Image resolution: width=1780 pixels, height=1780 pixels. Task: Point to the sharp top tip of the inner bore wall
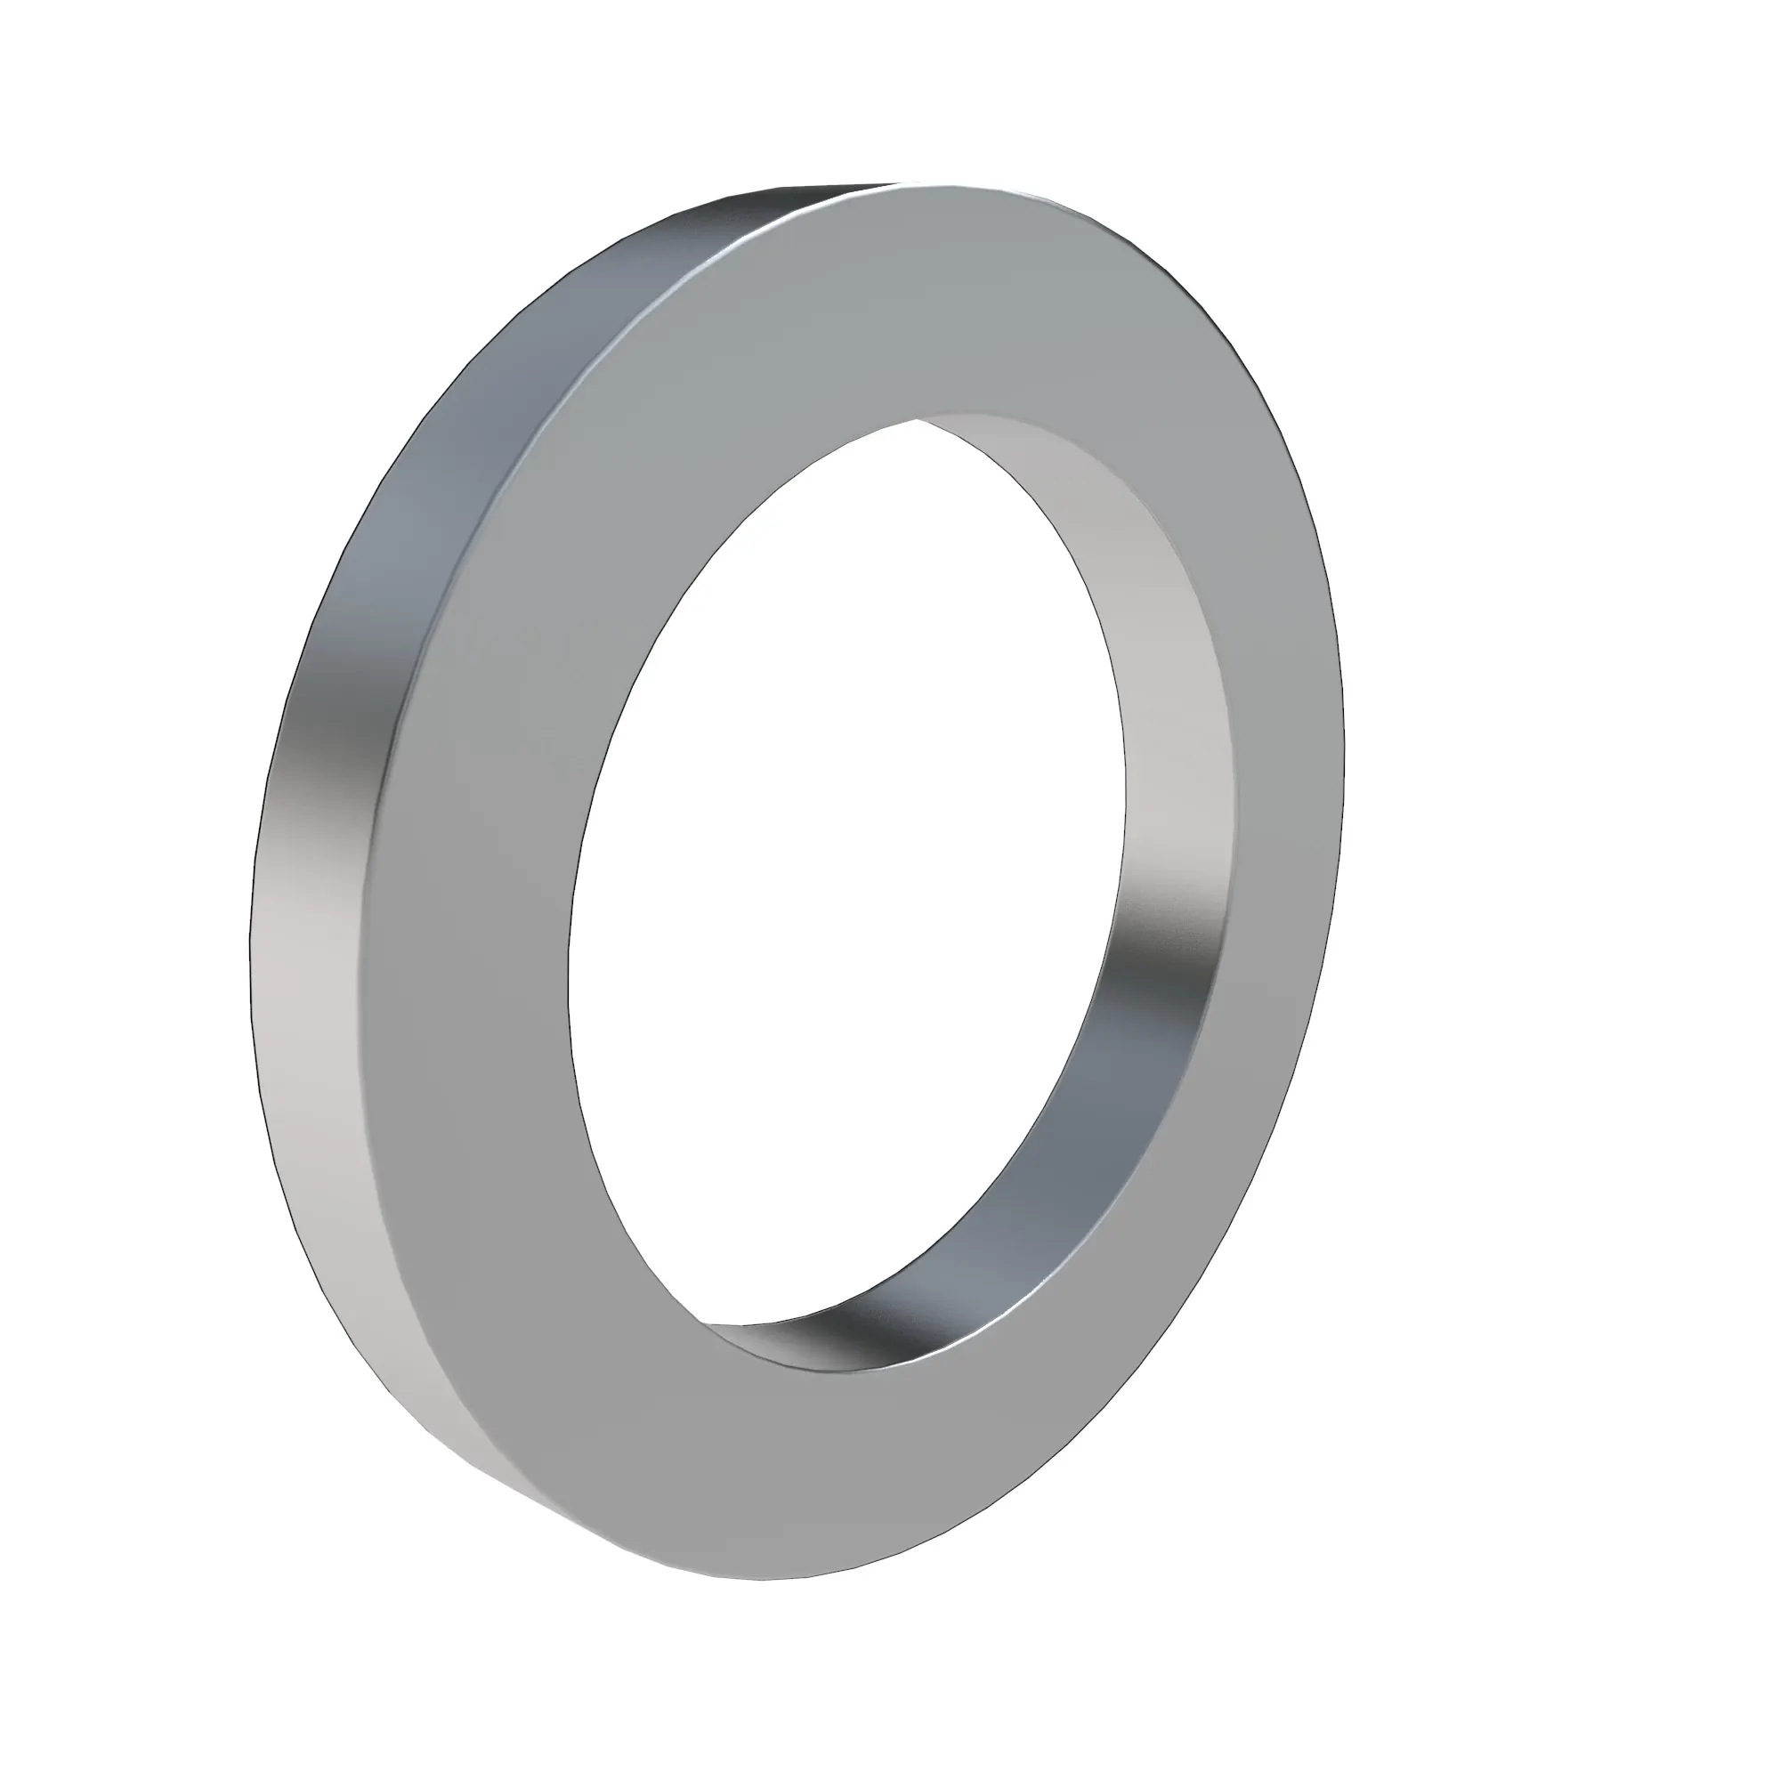pos(918,420)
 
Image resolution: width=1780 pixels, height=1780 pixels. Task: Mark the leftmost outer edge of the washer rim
pos(251,949)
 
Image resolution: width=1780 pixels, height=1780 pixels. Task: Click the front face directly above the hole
pos(921,304)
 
